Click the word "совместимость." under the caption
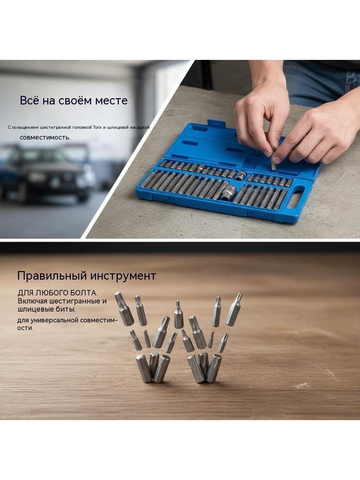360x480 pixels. tap(45, 137)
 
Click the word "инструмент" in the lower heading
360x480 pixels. tap(121, 276)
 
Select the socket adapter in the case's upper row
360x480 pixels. tap(241, 175)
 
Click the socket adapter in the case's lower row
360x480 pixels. tap(229, 193)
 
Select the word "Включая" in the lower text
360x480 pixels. tap(32, 301)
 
